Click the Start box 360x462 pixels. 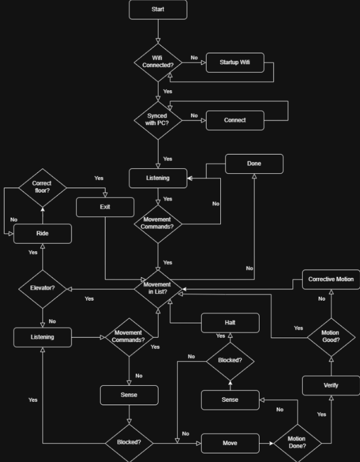coord(158,10)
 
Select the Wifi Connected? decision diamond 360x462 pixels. coord(158,62)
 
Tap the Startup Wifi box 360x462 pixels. coord(235,63)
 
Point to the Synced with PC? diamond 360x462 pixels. coord(158,120)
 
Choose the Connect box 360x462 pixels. coord(235,120)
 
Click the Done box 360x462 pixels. coord(254,164)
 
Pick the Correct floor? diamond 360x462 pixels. coord(42,188)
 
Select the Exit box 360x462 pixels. coord(105,207)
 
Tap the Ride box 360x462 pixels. coord(42,234)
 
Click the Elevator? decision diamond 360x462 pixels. coord(42,289)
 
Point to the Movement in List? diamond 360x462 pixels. coord(157,289)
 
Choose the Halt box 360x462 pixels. coord(230,323)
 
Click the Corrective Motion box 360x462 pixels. coord(331,280)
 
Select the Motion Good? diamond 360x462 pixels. coord(331,336)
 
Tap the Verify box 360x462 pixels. coord(331,385)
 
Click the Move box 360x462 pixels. coord(230,443)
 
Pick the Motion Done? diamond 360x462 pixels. coord(296,443)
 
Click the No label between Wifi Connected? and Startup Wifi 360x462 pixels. coord(194,57)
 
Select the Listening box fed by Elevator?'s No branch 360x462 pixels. coord(43,337)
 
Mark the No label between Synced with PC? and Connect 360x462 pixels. coord(194,115)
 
